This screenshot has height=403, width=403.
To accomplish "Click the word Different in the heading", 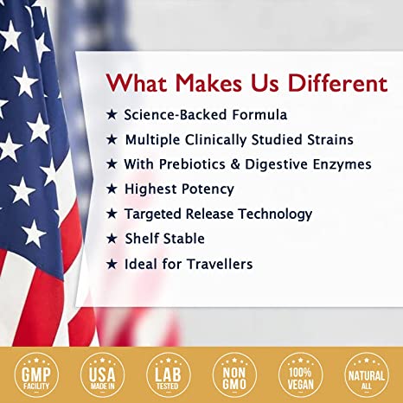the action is (337, 83).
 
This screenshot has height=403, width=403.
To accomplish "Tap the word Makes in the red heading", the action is (208, 83).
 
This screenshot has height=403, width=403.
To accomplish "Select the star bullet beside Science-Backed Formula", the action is (112, 114).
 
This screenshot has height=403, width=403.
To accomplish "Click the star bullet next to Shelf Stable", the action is (112, 239).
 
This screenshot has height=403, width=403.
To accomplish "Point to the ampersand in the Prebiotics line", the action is (235, 164).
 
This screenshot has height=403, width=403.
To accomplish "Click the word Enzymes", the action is (342, 165).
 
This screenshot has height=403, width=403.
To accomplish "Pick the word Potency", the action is (208, 189).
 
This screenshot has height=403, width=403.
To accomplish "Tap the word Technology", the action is (275, 214).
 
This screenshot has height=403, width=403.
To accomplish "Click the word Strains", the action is (330, 140).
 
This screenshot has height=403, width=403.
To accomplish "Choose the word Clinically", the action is (215, 140).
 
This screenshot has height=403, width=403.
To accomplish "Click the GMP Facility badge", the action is (36, 375).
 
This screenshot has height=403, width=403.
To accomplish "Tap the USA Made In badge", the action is (102, 375).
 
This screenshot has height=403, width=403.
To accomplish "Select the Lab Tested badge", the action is (168, 375).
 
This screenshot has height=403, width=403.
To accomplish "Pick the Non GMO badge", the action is (234, 375).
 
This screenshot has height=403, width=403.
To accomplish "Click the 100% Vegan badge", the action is (300, 375).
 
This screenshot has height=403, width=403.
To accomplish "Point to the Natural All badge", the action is (367, 375).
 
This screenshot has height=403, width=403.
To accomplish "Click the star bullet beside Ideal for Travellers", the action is (112, 264).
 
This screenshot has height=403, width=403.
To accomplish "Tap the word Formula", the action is (259, 115).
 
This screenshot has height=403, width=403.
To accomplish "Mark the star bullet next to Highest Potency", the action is (112, 189).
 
